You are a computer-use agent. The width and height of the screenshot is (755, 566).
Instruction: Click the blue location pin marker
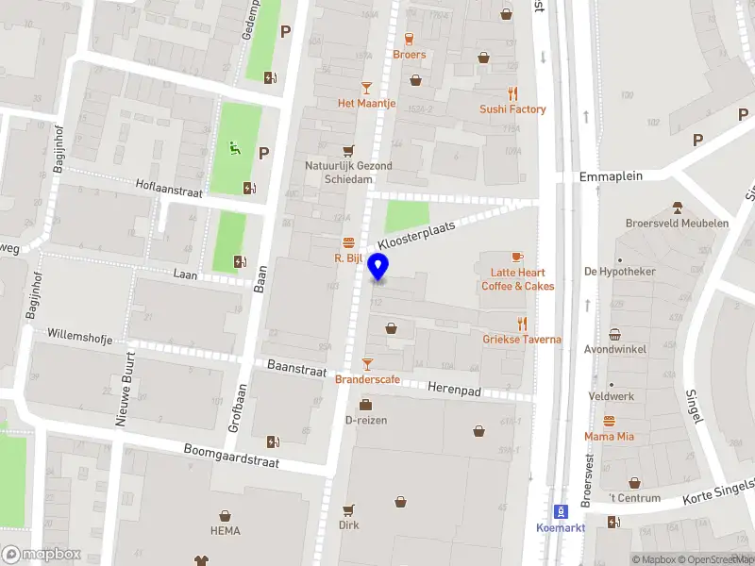click(x=378, y=267)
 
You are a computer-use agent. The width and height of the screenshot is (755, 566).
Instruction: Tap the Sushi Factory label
click(x=513, y=109)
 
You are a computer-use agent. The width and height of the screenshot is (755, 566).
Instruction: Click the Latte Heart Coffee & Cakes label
click(x=518, y=279)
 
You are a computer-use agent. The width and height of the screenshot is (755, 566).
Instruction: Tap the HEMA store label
click(x=225, y=531)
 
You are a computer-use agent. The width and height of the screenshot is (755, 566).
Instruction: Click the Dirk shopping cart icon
click(x=348, y=509)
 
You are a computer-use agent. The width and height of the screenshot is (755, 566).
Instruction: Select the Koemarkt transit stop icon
click(x=561, y=511)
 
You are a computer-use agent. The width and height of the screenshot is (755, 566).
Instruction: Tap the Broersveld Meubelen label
click(x=677, y=224)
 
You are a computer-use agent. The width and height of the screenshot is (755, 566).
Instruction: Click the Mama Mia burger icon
click(x=609, y=421)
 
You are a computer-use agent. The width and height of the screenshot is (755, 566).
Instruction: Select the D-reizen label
click(x=366, y=420)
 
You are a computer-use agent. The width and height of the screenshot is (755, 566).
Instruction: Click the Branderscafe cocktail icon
click(x=367, y=363)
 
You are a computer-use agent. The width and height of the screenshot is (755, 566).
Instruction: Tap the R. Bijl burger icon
click(x=348, y=241)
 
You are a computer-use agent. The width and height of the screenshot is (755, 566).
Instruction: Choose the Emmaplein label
click(x=611, y=176)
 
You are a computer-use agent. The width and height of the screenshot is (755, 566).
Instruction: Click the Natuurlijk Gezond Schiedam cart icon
click(x=348, y=150)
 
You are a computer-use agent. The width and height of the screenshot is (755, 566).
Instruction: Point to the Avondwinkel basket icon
click(x=614, y=334)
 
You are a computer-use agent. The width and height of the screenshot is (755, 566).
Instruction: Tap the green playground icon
click(x=232, y=147)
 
